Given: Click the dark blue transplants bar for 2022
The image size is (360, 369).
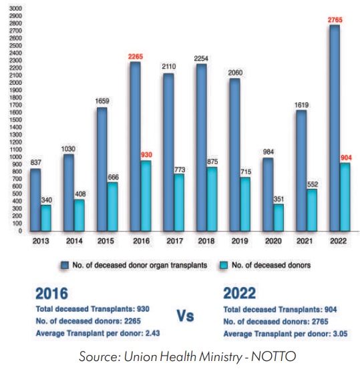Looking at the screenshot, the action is tap(335, 128).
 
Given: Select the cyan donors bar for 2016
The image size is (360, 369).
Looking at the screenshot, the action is tap(146, 196).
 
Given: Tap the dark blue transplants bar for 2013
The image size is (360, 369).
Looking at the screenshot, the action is tap(35, 200).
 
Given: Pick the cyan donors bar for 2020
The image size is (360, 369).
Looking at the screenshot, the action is tap(279, 218).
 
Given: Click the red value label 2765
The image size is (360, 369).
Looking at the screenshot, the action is tap(335, 20).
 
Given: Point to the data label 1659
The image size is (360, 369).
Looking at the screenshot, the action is tap(102, 101).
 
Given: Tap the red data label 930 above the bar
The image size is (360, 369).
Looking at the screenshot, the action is tap(146, 155).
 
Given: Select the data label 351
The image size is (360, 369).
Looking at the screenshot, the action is tap(279, 200).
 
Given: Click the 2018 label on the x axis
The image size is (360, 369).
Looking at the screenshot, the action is tap(206, 241).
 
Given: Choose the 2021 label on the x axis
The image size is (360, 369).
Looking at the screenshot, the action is tap(305, 241).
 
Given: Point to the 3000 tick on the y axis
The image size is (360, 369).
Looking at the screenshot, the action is tap(15, 9).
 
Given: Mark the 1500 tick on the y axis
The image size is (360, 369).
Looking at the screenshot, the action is tap(15, 120).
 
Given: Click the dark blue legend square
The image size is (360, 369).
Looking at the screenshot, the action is tap(65, 265).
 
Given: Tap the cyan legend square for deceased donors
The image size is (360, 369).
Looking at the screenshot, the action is tap(224, 265).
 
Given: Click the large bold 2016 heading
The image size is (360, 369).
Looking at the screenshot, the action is tap(52, 294).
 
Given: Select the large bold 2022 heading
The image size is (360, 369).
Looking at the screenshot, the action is tap(239, 293).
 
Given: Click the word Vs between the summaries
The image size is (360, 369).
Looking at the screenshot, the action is tap(186, 316).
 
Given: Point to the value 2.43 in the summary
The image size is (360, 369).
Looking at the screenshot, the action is tap(153, 333).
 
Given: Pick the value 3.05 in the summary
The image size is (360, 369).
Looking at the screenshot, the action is tap(340, 334).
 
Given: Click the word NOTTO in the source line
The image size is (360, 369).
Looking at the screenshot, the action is tap(274, 356).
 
